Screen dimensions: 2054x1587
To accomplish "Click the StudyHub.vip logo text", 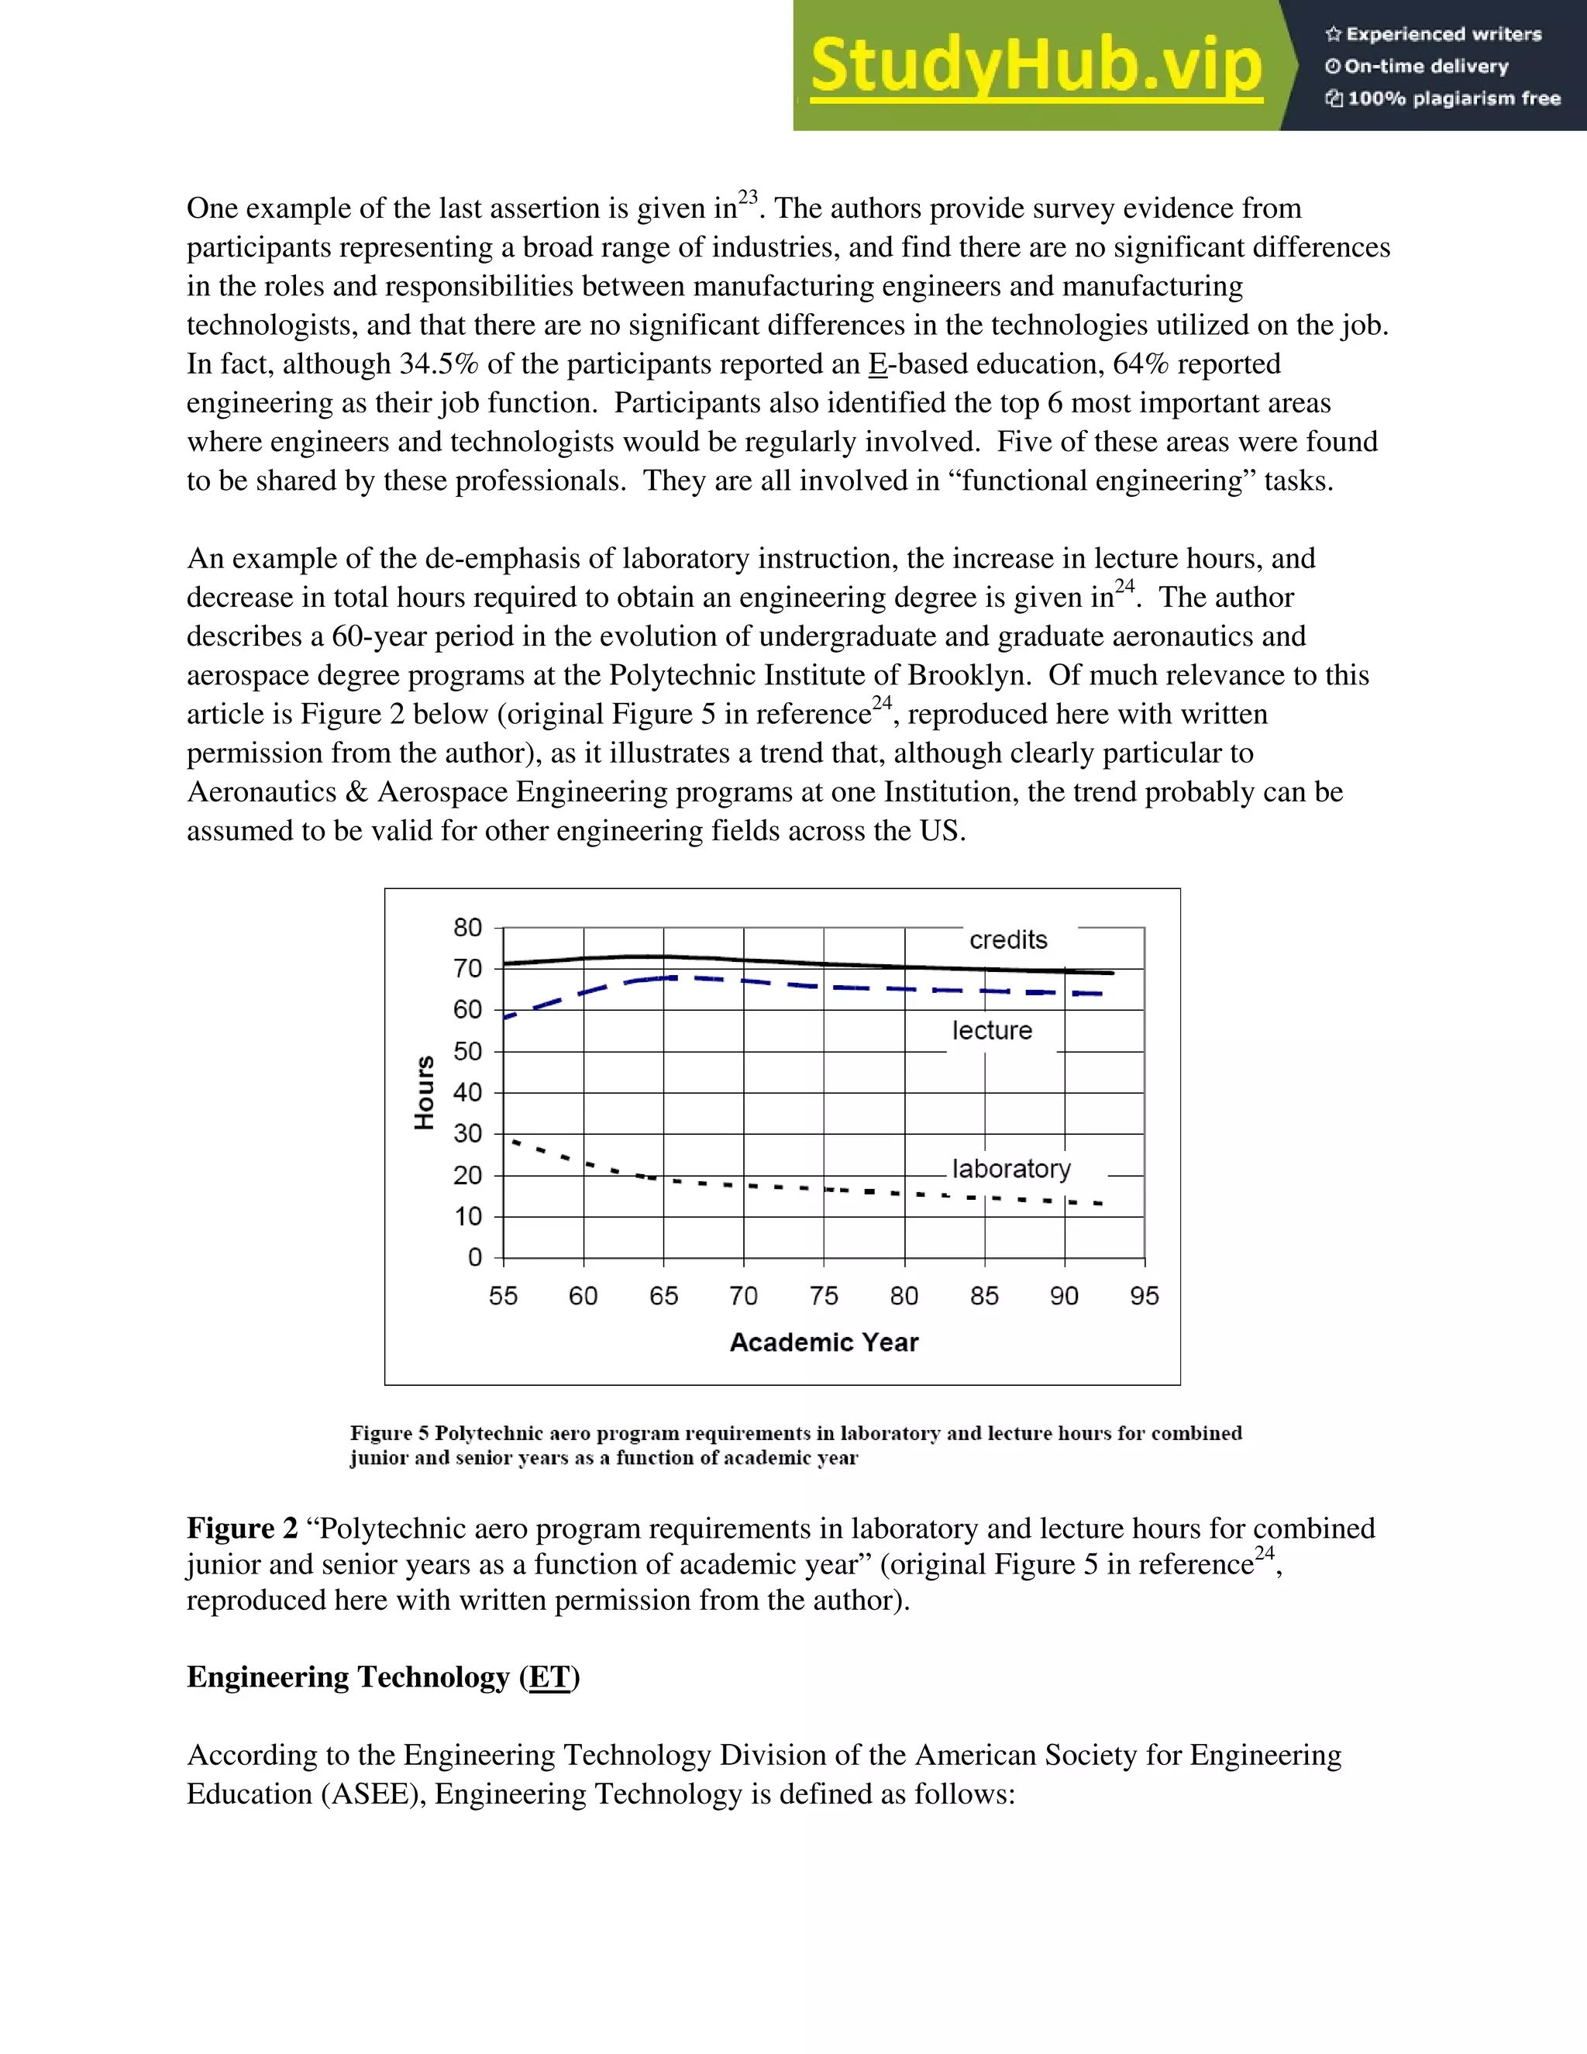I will (x=1035, y=66).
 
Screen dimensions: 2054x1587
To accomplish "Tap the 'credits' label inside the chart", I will (x=1008, y=939).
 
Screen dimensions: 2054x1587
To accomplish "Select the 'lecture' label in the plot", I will (x=992, y=1031).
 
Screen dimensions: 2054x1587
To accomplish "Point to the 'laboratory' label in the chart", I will (x=1011, y=1169).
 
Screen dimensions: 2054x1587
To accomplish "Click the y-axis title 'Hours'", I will (x=425, y=1092).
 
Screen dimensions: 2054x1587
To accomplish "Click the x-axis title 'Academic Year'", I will (x=824, y=1342).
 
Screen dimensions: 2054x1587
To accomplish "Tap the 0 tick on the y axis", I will (x=475, y=1257).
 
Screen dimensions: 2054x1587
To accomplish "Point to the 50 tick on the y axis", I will (x=467, y=1052).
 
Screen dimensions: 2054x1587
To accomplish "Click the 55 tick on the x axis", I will (x=503, y=1296).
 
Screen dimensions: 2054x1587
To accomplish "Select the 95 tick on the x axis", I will (x=1145, y=1296).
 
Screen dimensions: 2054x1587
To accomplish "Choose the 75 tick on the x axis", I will (x=824, y=1296).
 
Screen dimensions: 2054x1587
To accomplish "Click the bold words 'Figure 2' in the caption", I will (x=242, y=1528).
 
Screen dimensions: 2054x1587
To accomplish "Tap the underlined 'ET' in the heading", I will (x=550, y=1677).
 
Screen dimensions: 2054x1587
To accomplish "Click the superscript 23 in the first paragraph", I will (x=748, y=197).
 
